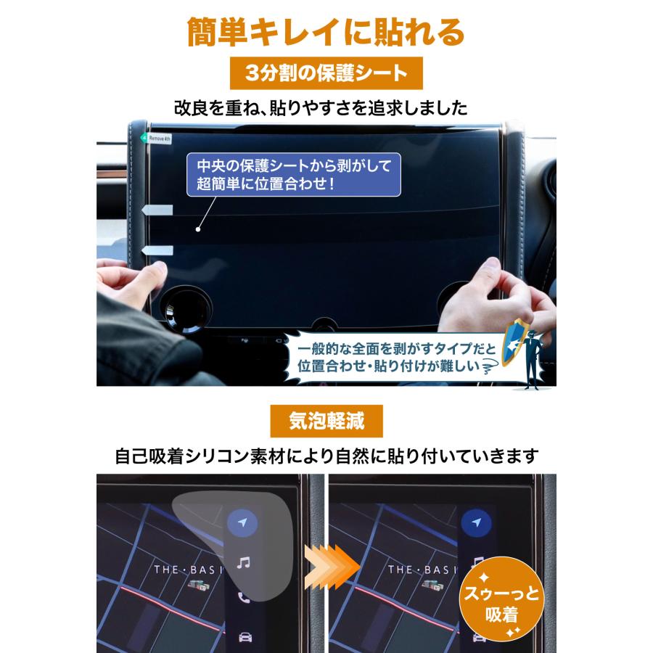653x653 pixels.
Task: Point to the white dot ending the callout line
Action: [198, 229]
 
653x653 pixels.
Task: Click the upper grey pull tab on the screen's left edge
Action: [158, 210]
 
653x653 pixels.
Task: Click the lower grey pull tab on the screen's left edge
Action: [158, 250]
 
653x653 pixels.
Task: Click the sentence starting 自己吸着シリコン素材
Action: [326, 456]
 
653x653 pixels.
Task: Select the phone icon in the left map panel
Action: [244, 599]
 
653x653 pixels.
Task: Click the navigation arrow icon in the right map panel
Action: [477, 522]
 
